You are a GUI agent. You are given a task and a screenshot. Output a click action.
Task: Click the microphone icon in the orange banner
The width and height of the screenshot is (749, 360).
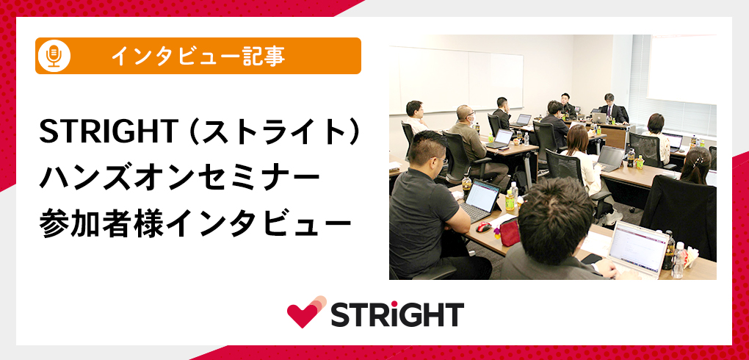(54, 56)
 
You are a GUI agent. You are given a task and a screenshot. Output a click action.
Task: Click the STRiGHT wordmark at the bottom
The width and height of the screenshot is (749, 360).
(397, 314)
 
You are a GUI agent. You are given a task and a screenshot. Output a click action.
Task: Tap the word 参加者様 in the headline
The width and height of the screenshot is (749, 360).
(95, 223)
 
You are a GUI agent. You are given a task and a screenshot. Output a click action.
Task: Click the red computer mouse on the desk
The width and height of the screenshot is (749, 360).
(484, 226)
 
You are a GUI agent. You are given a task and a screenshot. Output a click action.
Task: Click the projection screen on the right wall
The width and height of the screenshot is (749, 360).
(681, 68)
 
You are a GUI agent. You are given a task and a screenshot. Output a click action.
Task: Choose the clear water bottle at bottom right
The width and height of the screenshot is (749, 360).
(679, 260)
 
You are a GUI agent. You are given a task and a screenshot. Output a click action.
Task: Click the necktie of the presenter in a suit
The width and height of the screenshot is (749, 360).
(609, 112)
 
